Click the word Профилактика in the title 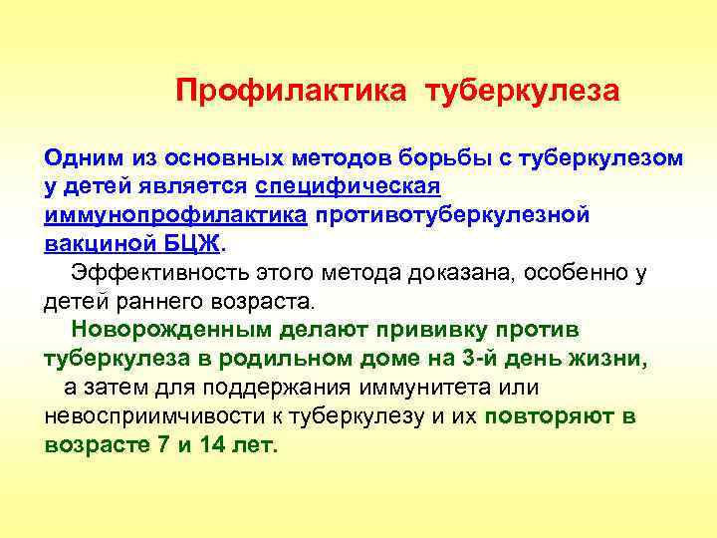pyautogui.click(x=291, y=92)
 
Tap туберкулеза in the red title pyautogui.click(x=523, y=92)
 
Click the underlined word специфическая pyautogui.click(x=349, y=186)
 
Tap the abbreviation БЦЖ pyautogui.click(x=196, y=244)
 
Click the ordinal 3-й pyautogui.click(x=486, y=359)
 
